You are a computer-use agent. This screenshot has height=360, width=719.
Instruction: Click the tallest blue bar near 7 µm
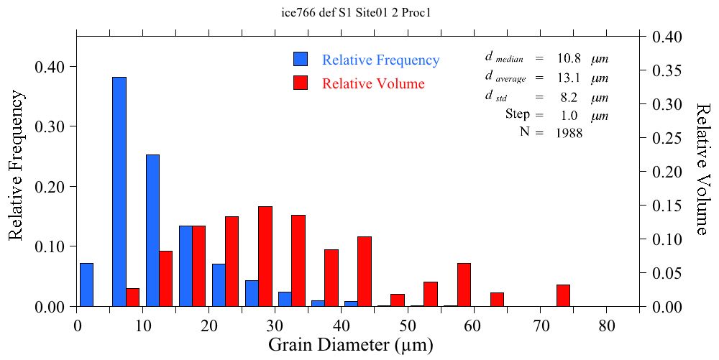click(119, 191)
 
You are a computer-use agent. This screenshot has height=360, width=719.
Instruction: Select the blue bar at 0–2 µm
click(86, 285)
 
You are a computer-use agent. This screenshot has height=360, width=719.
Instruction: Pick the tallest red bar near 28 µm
click(265, 256)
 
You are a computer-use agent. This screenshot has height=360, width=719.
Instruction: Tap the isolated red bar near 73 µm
click(563, 295)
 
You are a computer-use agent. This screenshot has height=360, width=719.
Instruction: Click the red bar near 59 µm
click(464, 285)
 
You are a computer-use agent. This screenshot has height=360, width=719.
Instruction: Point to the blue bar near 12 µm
click(152, 230)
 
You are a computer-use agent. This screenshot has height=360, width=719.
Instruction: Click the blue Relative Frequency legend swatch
click(301, 60)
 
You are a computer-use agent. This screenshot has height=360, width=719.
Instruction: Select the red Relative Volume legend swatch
click(301, 83)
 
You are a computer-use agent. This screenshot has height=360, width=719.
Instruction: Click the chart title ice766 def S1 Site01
click(359, 13)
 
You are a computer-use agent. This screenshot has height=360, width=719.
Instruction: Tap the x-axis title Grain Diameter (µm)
click(351, 346)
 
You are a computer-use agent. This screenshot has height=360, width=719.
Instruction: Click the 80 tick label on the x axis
click(607, 326)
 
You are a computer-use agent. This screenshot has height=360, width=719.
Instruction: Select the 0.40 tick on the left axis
click(50, 67)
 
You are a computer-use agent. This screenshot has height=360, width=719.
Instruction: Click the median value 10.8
click(568, 58)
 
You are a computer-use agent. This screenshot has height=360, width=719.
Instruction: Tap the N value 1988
click(569, 133)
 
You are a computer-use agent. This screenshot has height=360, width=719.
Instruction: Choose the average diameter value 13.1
click(568, 78)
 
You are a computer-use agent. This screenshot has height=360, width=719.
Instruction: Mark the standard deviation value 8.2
click(571, 98)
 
